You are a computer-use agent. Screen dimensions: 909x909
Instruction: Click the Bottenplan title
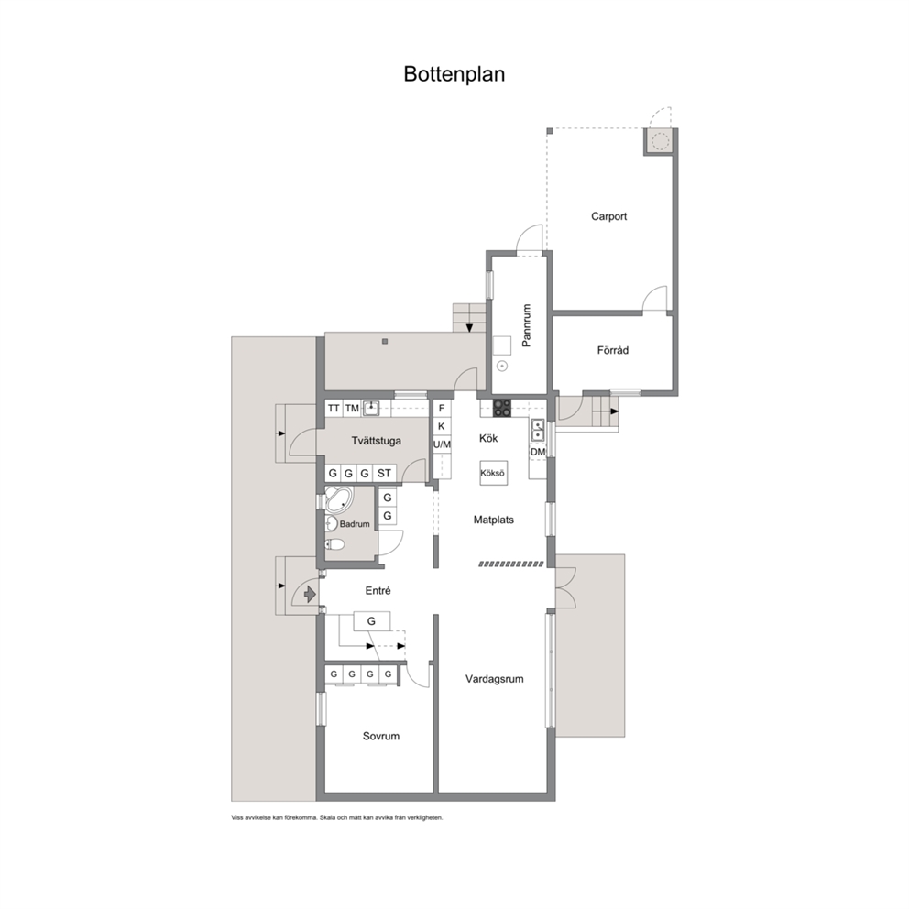454,74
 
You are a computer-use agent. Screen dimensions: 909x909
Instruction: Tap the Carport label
608,216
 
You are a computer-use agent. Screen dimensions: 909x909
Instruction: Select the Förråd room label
613,350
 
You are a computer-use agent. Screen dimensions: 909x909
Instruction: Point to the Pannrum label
526,325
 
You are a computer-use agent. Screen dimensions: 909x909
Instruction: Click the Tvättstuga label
377,441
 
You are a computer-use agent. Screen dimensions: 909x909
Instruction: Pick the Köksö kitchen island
492,473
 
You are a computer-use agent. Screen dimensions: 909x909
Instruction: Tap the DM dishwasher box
538,452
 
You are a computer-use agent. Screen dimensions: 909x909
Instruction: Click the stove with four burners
502,408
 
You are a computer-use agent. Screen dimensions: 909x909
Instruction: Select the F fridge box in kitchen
441,409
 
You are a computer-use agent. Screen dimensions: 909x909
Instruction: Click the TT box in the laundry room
334,409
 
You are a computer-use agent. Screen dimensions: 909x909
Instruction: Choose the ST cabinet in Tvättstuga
384,473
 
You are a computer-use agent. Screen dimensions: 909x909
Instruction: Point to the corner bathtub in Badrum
338,499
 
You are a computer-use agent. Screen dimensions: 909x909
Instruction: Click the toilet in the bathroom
334,543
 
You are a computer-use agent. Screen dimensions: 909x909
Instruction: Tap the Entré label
378,591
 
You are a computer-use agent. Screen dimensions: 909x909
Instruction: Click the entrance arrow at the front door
310,594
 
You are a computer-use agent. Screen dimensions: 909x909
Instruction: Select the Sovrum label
381,736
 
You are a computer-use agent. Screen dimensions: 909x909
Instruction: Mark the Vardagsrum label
495,679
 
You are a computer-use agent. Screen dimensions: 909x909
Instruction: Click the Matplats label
493,520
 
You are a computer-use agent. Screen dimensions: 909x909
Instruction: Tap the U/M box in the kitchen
442,444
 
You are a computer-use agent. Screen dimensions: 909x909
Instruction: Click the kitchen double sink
537,430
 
